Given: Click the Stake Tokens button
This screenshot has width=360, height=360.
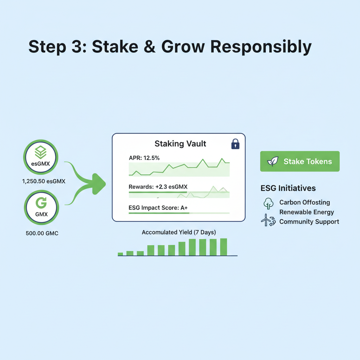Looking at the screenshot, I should [300, 161].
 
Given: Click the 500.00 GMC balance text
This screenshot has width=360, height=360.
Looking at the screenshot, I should [42, 233].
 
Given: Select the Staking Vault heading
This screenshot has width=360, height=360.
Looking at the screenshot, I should [180, 143].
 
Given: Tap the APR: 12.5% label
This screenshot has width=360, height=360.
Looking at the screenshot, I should [144, 158].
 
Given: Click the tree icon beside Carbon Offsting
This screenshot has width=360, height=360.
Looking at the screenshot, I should [268, 203].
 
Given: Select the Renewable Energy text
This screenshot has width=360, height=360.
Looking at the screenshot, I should [307, 212].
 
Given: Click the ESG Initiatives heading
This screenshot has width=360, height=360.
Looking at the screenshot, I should [288, 188].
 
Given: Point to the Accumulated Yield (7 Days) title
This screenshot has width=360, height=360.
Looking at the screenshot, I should [179, 232].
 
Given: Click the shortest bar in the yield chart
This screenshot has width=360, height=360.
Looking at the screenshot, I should [120, 253].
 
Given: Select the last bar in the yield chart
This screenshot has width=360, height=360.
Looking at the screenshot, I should [224, 247].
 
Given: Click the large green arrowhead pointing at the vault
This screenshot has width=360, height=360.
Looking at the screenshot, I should [98, 183].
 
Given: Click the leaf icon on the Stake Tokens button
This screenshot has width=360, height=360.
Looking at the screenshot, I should [272, 161].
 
